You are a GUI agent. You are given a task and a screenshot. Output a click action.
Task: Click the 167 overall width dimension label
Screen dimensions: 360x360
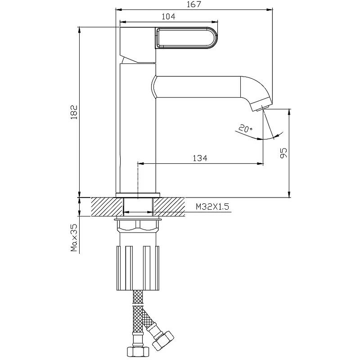point(194,4)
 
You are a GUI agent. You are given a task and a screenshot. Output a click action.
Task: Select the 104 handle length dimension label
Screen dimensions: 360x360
point(168,17)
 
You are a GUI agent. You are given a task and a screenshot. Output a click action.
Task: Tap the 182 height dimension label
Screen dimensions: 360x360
point(74,112)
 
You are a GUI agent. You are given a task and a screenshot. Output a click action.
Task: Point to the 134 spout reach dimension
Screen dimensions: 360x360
point(200,158)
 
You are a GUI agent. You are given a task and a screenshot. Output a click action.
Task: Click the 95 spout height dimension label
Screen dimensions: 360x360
point(283,153)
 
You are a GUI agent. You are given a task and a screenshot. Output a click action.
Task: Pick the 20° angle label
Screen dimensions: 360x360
point(245,128)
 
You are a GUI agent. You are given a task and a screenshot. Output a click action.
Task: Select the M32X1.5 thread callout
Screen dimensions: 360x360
point(212,207)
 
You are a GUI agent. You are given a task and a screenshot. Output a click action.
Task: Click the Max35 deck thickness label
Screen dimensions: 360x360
point(74,238)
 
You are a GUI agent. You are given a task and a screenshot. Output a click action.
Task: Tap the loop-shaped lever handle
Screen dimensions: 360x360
point(186,38)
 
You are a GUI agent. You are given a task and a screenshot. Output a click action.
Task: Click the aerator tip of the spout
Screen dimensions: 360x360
point(261,106)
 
